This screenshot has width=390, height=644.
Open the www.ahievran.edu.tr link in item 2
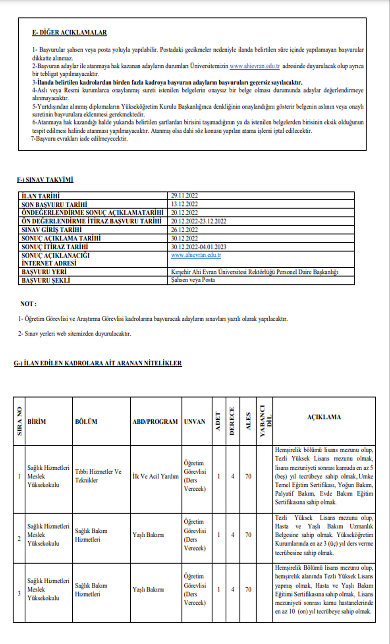coord(254,66)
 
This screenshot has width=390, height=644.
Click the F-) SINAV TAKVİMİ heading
coord(45,180)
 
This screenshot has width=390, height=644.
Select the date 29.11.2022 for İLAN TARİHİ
coord(184,196)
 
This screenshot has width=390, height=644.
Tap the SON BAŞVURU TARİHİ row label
coord(54,204)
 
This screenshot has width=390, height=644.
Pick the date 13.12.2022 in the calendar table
coord(184,204)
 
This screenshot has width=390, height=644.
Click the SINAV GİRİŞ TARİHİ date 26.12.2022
coord(184,230)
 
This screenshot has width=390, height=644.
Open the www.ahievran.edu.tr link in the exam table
coord(196,255)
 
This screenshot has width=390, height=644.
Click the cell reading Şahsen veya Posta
coord(193,280)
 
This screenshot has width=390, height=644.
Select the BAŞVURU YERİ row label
coord(44,272)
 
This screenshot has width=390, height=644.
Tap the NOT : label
coord(28,304)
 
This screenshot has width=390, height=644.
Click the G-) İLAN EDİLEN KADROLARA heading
coord(98,363)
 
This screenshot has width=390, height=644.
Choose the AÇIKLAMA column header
coord(324,417)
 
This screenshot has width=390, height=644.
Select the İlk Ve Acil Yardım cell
coord(155,476)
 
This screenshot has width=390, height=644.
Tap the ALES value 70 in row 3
coord(248,589)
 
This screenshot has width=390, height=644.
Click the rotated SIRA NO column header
coord(19,421)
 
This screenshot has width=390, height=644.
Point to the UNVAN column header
coord(194,421)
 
